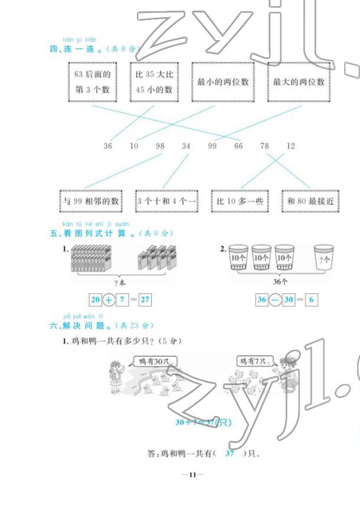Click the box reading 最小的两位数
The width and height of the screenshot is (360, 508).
pos(223,82)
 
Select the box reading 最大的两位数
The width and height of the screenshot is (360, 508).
pos(299,82)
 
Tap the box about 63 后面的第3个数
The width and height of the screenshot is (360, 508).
pos(93,82)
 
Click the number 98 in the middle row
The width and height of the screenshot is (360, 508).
pos(160,145)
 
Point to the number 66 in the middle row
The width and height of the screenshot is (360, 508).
pos(238,145)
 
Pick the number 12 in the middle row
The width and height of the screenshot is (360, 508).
pos(290,145)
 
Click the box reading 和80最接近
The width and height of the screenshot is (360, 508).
pos(311,201)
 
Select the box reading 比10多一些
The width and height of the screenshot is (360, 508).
pos(240,201)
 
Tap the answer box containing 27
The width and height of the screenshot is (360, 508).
pos(146,299)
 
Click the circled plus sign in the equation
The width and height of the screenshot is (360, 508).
pos(109,299)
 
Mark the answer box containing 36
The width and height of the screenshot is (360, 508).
pos(262,299)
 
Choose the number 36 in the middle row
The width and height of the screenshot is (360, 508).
pos(107,145)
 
